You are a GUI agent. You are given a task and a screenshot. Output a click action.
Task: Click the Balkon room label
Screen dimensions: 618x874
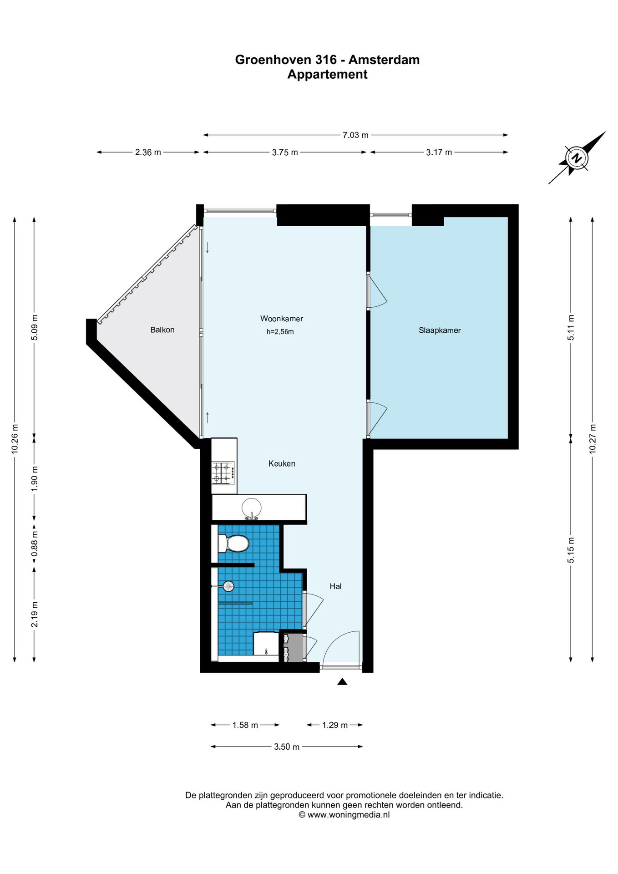pos(162,330)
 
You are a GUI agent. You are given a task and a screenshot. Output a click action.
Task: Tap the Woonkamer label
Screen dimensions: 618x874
pos(282,319)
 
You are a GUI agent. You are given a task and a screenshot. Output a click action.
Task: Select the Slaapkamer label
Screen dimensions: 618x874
pos(440,330)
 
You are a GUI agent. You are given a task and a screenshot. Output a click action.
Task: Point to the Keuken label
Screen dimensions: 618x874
pos(282,463)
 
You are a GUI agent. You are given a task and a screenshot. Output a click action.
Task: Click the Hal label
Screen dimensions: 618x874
pos(335,586)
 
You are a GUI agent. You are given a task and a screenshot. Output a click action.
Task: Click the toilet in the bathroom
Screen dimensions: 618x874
pos(233,544)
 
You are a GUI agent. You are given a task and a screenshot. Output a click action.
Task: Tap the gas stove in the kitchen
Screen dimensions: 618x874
pos(223,473)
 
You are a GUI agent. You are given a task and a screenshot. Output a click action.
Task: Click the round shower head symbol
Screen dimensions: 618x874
pos(228,586)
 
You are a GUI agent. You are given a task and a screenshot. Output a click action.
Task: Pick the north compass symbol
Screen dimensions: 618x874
pos(577,158)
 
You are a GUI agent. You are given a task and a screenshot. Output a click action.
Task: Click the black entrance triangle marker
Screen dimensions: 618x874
pos(342,681)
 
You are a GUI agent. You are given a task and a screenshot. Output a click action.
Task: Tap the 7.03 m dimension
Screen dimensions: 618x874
pos(355,135)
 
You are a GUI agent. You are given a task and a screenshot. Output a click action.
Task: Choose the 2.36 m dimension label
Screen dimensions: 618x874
pos(148,152)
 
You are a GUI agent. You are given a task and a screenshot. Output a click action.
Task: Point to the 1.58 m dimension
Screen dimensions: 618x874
pos(245,725)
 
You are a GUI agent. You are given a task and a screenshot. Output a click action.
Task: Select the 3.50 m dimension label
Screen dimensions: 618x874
pos(287,747)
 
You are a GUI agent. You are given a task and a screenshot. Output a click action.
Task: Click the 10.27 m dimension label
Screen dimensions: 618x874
pos(593,439)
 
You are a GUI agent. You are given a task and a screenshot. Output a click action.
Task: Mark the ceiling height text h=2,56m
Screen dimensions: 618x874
pos(280,332)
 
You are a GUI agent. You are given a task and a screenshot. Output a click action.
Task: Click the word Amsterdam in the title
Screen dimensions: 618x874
pos(384,60)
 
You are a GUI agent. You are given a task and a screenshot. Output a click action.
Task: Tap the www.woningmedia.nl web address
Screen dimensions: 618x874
pos(349,815)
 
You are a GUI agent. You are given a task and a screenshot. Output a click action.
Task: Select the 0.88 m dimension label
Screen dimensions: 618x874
pos(34,544)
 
